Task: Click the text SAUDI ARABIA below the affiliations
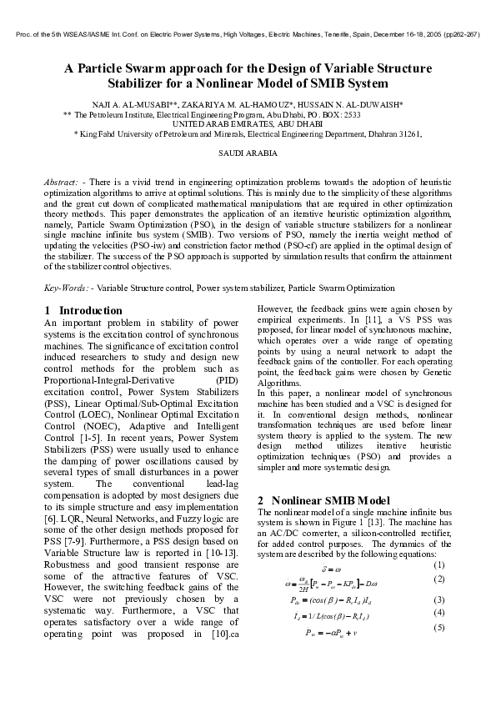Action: pos(248,153)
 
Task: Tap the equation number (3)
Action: pos(440,599)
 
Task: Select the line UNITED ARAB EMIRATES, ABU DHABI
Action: pos(247,123)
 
